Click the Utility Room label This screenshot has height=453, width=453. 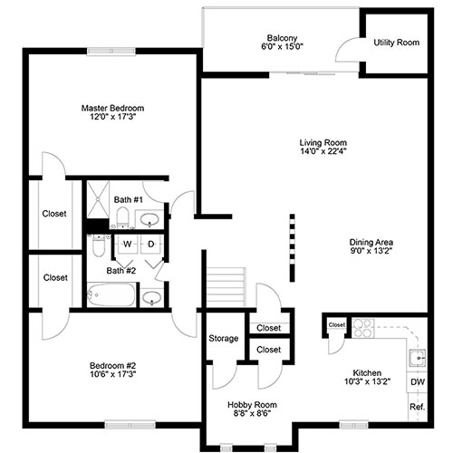tap(397, 43)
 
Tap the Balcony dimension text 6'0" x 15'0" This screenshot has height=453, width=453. tap(282, 46)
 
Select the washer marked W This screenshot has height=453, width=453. tap(127, 244)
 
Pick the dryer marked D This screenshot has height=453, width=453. tap(151, 244)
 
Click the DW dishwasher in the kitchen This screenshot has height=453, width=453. tap(418, 381)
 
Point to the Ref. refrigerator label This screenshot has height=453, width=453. tap(418, 407)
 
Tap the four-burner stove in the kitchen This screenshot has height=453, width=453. tap(363, 328)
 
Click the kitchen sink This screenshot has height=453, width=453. tap(418, 358)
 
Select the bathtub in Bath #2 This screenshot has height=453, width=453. tap(111, 294)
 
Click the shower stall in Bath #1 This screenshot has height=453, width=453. tap(98, 199)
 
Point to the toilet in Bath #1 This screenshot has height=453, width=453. tap(123, 217)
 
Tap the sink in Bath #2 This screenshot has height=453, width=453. tap(151, 297)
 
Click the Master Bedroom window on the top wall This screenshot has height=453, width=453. tap(111, 51)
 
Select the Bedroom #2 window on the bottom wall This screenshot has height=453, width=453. tap(130, 425)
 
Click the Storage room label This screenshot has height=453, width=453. tap(224, 338)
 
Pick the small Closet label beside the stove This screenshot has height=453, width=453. tap(337, 325)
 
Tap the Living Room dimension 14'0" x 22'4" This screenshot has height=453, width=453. tap(323, 151)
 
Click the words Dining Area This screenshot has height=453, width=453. tap(371, 242)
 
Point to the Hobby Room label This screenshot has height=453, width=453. tap(252, 405)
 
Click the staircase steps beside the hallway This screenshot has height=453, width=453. tap(226, 287)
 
